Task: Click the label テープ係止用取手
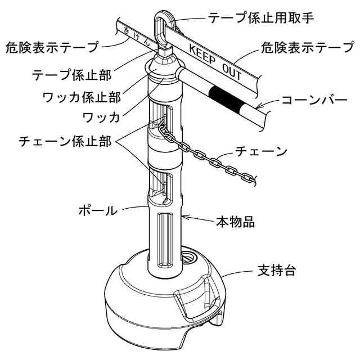pyautogui.click(x=260, y=17)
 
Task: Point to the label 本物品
pyautogui.click(x=236, y=222)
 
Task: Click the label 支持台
pyautogui.click(x=276, y=271)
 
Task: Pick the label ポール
pyautogui.click(x=97, y=211)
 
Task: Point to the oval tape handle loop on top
pyautogui.click(x=161, y=28)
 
